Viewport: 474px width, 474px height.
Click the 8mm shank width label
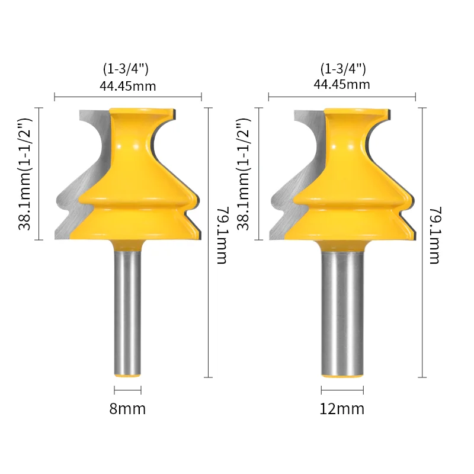127,409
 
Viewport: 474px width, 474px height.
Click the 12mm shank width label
342,409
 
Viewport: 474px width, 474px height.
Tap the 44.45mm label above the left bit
128,86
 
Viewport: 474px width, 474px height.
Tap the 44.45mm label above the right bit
342,85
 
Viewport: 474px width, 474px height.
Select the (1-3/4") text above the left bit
126,69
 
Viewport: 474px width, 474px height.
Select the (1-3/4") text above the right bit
343,69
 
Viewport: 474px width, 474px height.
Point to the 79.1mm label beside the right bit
435,235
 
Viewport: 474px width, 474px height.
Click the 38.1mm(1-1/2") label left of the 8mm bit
25,174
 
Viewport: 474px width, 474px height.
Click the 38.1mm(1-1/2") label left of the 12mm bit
244,174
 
